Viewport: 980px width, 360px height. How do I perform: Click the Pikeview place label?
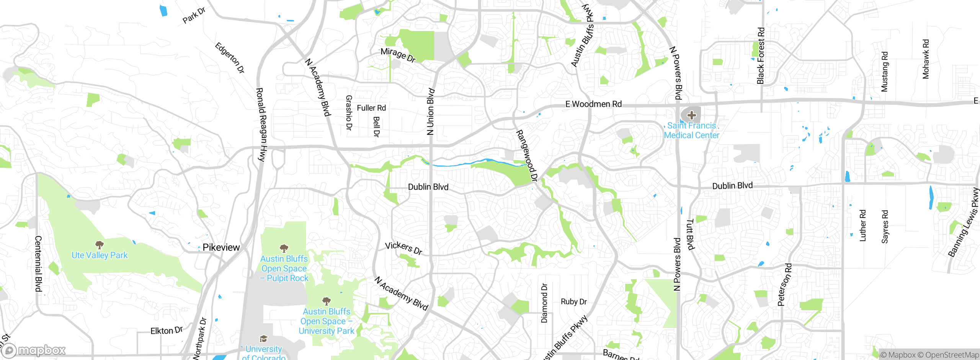221,247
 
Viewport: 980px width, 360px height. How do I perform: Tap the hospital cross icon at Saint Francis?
691,115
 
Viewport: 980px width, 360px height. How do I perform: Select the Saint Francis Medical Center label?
691,131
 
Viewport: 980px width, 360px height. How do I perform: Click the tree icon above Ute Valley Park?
100,244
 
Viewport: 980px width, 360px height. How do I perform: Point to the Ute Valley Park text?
100,255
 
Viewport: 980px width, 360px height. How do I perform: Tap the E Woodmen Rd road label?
593,104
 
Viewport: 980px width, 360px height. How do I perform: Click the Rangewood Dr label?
527,155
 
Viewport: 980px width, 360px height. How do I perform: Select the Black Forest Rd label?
761,56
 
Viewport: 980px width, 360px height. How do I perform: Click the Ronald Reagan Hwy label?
261,124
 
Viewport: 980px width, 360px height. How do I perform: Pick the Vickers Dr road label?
403,248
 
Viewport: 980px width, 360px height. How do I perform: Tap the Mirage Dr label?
398,55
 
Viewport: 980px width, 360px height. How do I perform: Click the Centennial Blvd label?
38,263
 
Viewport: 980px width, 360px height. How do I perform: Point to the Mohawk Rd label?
926,59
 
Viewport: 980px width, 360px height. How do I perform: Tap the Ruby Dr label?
573,302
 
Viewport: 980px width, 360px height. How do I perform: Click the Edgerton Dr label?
230,58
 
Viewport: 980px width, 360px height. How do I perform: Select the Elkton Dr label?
167,331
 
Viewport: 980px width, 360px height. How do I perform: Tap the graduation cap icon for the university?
263,339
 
